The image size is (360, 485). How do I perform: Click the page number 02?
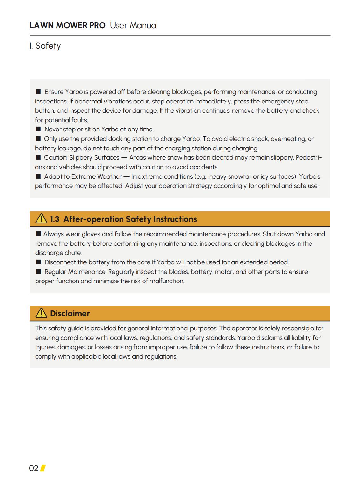(x=34, y=468)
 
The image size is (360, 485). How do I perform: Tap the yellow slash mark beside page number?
(x=43, y=468)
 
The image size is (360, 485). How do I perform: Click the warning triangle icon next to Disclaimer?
(x=41, y=313)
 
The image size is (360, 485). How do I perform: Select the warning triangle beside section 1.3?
(x=41, y=219)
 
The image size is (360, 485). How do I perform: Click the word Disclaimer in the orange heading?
(x=70, y=314)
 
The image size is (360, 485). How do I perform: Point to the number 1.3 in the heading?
(x=55, y=219)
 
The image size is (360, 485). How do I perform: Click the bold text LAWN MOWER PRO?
(x=68, y=25)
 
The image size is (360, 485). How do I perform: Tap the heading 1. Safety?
(x=45, y=46)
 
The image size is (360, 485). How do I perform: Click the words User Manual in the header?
(x=134, y=25)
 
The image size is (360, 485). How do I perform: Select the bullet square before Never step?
(x=38, y=129)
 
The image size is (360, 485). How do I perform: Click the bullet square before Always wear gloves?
(x=38, y=234)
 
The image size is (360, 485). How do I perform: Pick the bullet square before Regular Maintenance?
(x=38, y=271)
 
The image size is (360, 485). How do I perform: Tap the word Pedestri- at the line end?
(x=309, y=158)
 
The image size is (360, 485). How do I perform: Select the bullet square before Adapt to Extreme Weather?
(x=38, y=176)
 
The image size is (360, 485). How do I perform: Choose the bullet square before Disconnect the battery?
(x=38, y=262)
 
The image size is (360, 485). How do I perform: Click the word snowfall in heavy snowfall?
(x=240, y=176)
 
